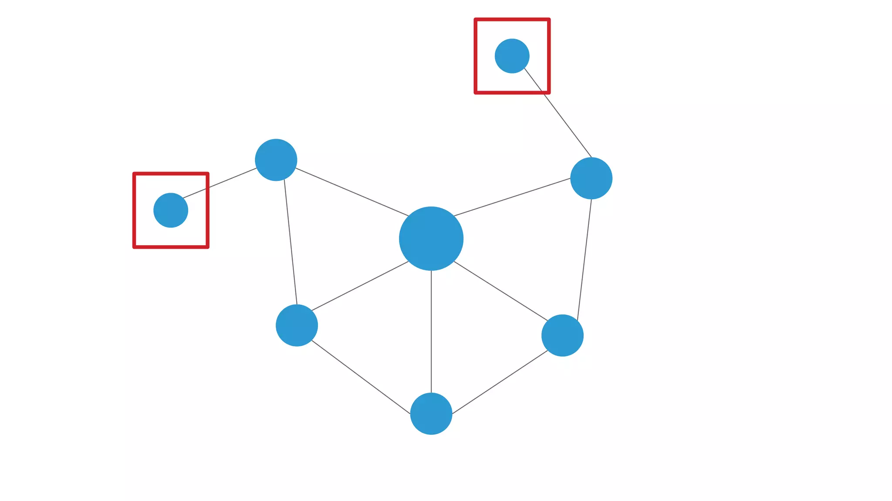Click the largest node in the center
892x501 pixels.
(x=431, y=238)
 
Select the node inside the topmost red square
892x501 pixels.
(x=512, y=56)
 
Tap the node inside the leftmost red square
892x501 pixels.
(x=171, y=210)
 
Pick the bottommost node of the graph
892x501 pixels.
(x=431, y=414)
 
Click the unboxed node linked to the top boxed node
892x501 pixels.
(x=591, y=178)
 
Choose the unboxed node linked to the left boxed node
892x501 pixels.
(x=276, y=160)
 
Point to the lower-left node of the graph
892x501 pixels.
(x=297, y=325)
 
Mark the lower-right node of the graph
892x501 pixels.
(x=562, y=335)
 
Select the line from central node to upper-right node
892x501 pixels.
(x=512, y=197)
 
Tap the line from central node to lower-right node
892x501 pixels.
(x=501, y=291)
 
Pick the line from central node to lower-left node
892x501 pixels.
(x=360, y=286)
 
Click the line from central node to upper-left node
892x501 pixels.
(x=352, y=192)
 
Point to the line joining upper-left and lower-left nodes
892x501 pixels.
(x=291, y=242)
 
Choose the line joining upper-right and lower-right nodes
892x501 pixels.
(x=585, y=260)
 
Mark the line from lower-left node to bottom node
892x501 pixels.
(x=361, y=376)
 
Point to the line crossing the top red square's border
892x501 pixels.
(x=543, y=92)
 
